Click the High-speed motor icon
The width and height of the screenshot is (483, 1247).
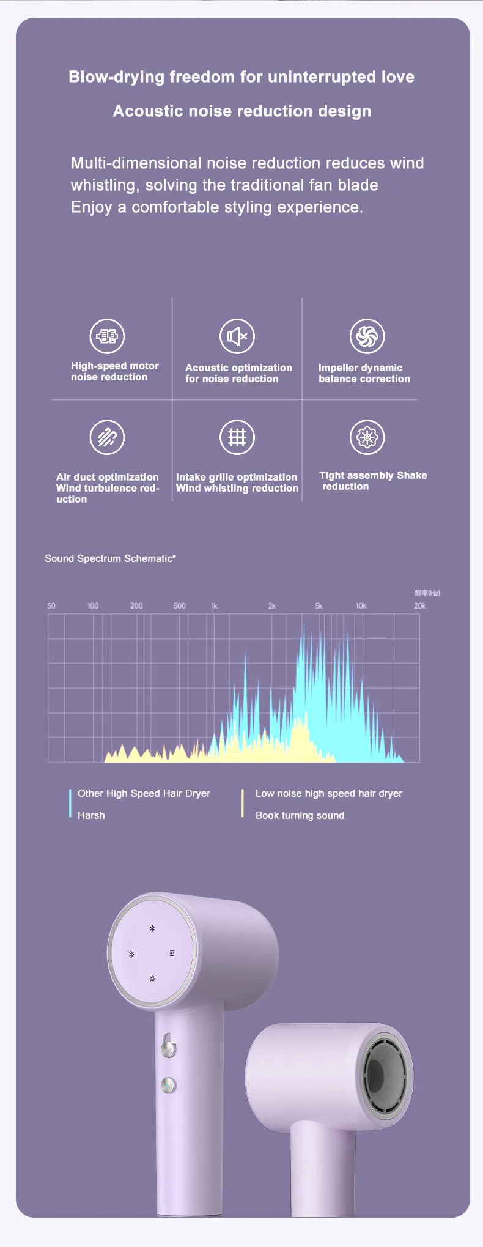click(x=107, y=336)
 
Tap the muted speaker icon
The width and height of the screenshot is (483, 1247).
click(x=237, y=336)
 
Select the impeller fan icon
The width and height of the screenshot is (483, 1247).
click(x=367, y=336)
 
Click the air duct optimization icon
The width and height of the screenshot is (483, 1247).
click(x=107, y=437)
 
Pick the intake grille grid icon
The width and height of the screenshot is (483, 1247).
click(x=237, y=437)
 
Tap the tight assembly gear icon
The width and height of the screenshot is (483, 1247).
click(x=367, y=437)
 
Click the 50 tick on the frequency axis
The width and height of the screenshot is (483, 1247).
click(x=51, y=606)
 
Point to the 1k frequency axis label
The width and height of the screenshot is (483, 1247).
click(x=215, y=606)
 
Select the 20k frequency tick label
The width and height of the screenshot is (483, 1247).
click(x=419, y=606)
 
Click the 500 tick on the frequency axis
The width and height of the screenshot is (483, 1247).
click(x=179, y=606)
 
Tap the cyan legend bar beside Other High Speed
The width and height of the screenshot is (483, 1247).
click(x=70, y=803)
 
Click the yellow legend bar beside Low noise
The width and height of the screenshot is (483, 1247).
click(x=243, y=803)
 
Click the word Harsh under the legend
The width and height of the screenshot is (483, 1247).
click(x=91, y=815)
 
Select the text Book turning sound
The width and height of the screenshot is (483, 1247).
click(x=300, y=815)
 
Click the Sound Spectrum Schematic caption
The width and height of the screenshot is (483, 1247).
click(x=110, y=558)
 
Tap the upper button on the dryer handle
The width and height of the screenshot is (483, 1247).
click(x=168, y=1049)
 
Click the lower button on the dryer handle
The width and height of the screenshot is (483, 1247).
click(x=168, y=1086)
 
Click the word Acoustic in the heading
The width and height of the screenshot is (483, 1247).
click(x=149, y=111)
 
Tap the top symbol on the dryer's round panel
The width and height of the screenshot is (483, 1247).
click(x=152, y=928)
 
